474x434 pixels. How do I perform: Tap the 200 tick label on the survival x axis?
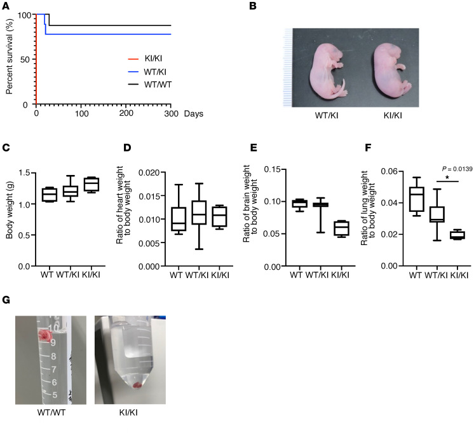click(x=126, y=113)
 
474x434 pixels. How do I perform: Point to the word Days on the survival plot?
click(x=194, y=113)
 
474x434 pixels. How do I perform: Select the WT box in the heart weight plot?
click(x=179, y=218)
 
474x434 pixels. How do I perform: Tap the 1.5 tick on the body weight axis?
click(x=28, y=173)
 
